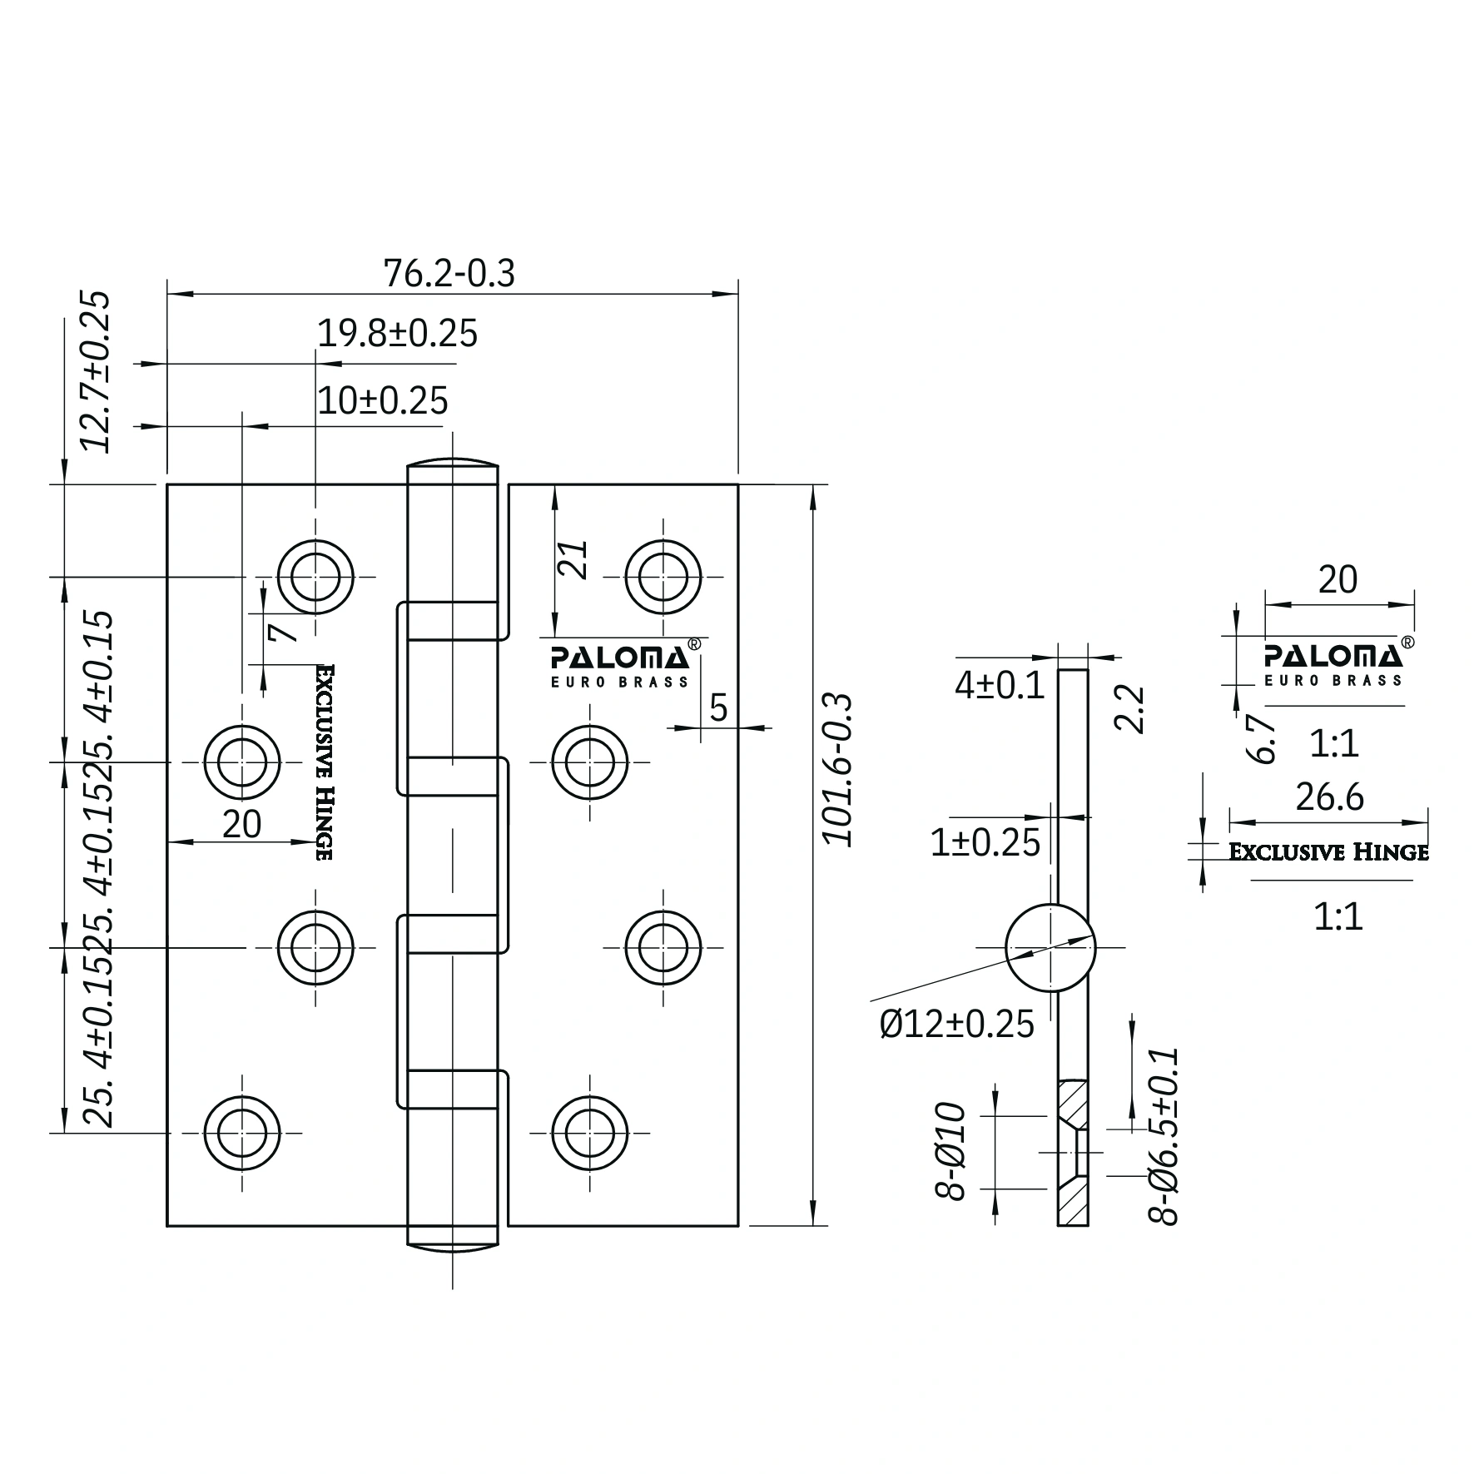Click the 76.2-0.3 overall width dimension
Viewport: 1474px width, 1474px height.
(x=449, y=273)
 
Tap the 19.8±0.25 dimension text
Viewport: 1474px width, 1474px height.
(x=398, y=334)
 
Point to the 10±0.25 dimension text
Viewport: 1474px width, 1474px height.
(x=383, y=400)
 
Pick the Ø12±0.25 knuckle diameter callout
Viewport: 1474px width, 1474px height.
(x=956, y=1024)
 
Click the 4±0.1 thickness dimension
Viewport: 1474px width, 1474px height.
(x=999, y=686)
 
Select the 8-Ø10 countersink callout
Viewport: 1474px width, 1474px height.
(x=949, y=1152)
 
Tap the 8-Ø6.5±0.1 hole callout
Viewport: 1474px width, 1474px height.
(x=1164, y=1136)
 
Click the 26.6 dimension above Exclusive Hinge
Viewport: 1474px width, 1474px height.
(x=1330, y=797)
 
